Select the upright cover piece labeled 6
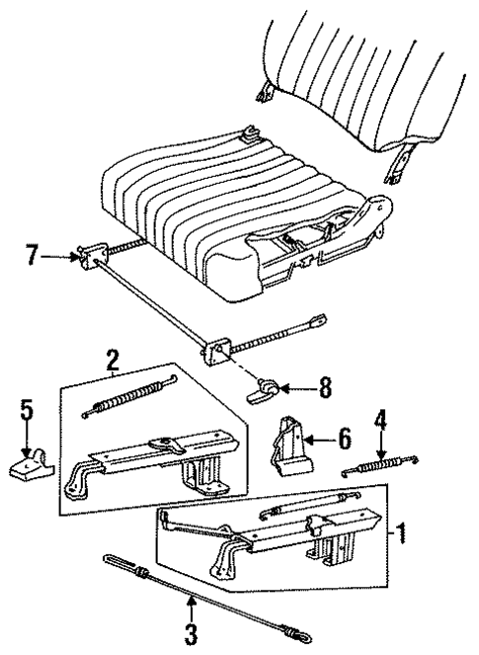coord(287,445)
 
